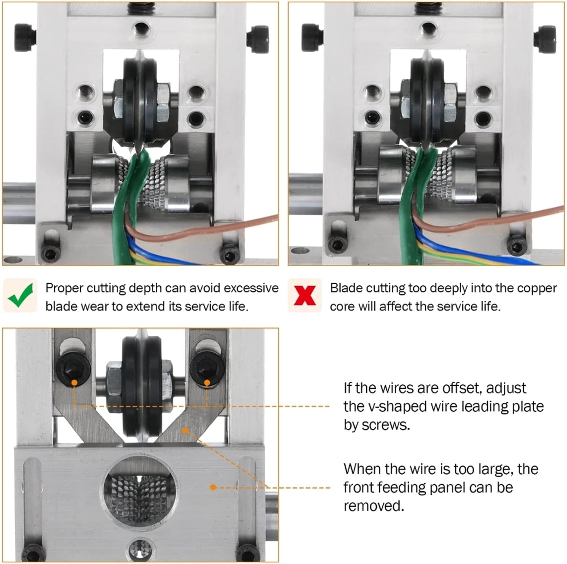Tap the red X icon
click(305, 296)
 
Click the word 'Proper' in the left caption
click(64, 288)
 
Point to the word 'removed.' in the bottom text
click(374, 506)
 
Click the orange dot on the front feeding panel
click(213, 487)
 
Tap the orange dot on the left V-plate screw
click(74, 382)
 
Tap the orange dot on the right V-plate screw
click(207, 382)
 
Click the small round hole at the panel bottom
click(140, 547)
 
